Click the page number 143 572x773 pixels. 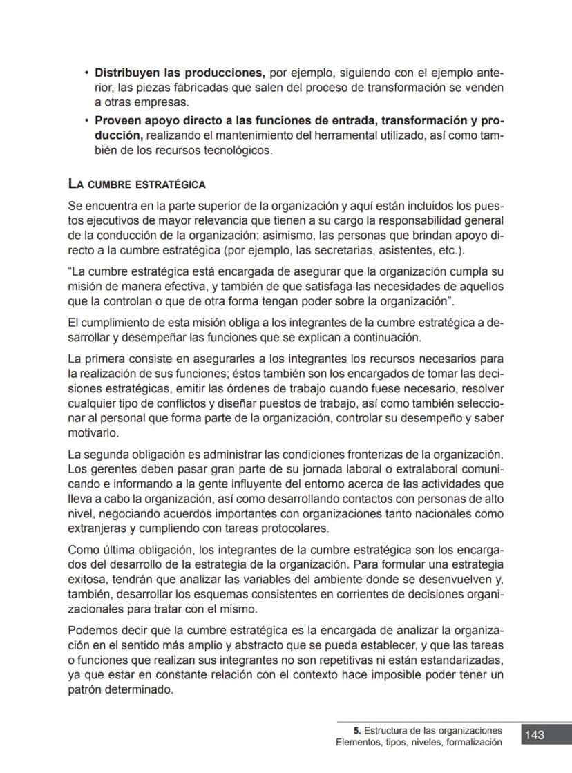pyautogui.click(x=535, y=735)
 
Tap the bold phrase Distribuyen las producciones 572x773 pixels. pyautogui.click(x=180, y=73)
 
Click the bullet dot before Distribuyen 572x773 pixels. pyautogui.click(x=86, y=73)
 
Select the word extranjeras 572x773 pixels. pyautogui.click(x=97, y=530)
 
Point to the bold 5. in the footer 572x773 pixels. pyautogui.click(x=356, y=730)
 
